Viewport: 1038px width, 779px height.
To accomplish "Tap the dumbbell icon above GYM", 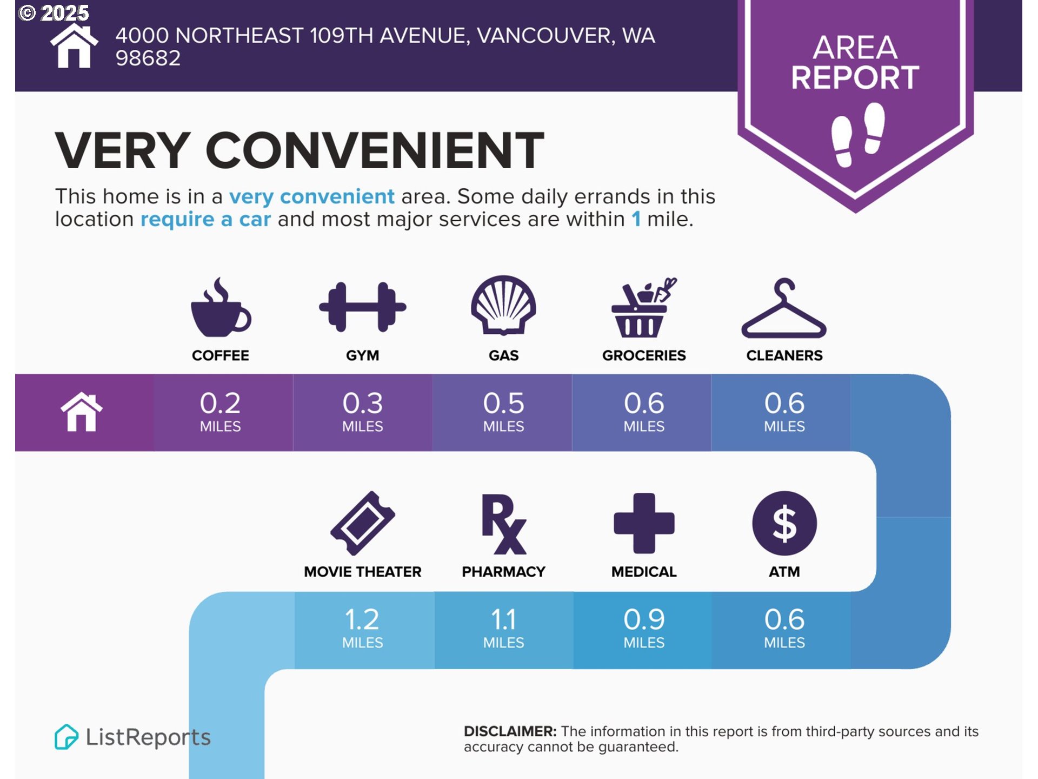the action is click(x=362, y=307).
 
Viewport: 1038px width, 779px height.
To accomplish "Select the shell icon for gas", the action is click(x=503, y=305).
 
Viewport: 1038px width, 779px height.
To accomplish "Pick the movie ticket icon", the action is click(x=363, y=523).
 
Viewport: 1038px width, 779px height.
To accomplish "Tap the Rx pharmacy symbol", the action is click(x=503, y=524).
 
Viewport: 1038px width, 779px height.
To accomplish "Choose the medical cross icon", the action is click(x=644, y=523).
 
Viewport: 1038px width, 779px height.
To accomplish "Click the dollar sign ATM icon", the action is click(x=784, y=523).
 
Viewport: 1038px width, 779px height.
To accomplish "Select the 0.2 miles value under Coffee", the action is click(x=221, y=412).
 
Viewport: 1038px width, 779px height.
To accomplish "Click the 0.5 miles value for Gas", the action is click(x=503, y=412).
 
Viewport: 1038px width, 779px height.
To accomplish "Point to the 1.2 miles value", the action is click(x=363, y=628).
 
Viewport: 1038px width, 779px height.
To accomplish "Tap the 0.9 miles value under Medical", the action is click(x=644, y=628).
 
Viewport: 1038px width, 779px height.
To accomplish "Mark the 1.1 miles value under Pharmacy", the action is click(x=503, y=628).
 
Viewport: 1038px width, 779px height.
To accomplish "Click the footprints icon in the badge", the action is click(x=857, y=134).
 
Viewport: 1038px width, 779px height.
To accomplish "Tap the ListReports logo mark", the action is click(x=66, y=737).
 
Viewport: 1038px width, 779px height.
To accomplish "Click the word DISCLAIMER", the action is click(x=510, y=731).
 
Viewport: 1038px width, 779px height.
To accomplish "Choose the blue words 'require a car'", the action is click(x=205, y=220).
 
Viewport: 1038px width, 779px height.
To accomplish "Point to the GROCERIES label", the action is click(x=644, y=355).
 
